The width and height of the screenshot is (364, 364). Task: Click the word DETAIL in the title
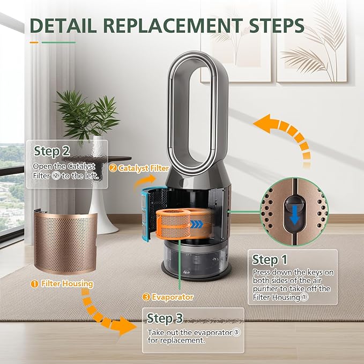click(x=63, y=25)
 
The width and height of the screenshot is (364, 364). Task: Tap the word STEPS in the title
click(x=277, y=25)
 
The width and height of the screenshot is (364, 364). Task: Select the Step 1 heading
click(x=270, y=259)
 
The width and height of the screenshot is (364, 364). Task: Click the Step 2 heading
click(x=52, y=151)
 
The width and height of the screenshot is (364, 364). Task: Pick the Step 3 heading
click(x=165, y=318)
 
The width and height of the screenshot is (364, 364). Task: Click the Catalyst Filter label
click(x=139, y=168)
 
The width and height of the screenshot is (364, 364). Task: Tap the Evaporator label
click(x=168, y=297)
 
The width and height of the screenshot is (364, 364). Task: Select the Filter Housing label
click(x=62, y=284)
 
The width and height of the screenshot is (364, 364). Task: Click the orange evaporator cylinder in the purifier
click(x=174, y=224)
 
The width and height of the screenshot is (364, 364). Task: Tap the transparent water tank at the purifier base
click(x=196, y=257)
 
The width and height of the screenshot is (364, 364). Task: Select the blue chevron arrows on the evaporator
click(x=196, y=225)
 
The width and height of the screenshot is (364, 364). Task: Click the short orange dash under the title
click(x=34, y=42)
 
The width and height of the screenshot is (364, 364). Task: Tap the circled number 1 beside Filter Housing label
click(x=34, y=284)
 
